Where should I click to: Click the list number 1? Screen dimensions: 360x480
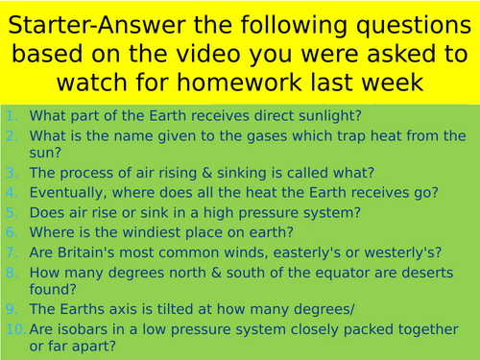coord(13,114)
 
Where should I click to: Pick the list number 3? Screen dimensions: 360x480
coord(13,173)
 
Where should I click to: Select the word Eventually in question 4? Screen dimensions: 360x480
coord(66,192)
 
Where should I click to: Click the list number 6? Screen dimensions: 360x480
coord(13,231)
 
